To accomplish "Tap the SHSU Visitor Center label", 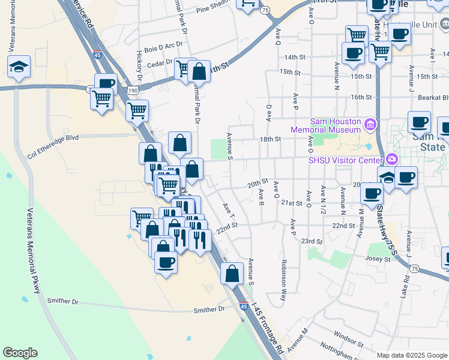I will [345, 160].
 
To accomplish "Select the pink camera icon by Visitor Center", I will [392, 159].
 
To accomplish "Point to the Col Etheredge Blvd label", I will [53, 146].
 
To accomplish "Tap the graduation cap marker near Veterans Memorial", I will [19, 67].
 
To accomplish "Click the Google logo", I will [20, 353].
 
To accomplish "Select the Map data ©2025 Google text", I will [411, 355].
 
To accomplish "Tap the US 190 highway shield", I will [131, 90].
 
